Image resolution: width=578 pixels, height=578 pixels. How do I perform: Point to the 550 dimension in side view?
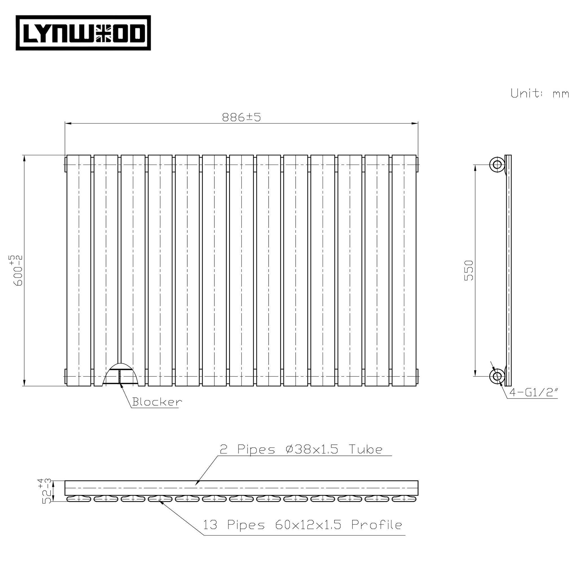tap(468, 270)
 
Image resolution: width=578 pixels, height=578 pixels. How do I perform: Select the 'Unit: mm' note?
tap(539, 94)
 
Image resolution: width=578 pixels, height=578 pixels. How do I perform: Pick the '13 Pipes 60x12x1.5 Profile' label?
tap(303, 525)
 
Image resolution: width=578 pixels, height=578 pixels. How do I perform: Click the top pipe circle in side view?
tap(497, 165)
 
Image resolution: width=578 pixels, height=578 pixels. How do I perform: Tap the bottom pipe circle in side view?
tap(497, 376)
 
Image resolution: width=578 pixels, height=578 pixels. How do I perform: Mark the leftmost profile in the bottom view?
tap(79, 498)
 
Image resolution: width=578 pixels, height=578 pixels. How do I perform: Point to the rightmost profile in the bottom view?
tap(404, 498)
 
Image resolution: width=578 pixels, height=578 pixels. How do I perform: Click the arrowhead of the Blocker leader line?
tap(121, 386)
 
